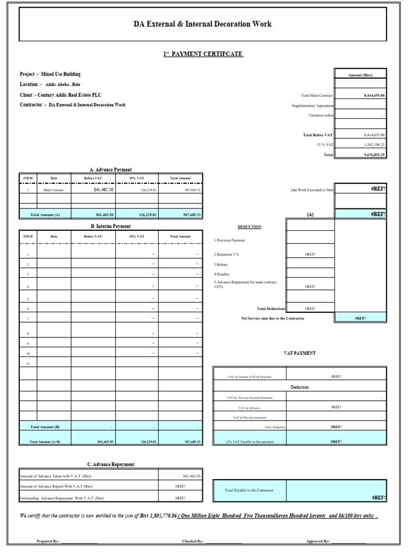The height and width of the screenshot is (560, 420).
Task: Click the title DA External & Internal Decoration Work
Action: click(202, 24)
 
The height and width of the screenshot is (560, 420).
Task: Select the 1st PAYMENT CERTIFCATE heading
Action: click(203, 54)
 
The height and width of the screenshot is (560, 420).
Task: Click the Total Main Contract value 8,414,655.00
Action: click(374, 95)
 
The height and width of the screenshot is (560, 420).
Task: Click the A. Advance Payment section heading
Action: click(110, 170)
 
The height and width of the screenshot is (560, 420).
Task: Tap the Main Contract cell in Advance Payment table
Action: click(54, 190)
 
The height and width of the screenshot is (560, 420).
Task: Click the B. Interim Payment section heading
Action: click(110, 226)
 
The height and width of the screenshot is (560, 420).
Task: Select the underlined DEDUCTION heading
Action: click(249, 226)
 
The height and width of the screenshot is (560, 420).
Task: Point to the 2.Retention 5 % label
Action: click(226, 254)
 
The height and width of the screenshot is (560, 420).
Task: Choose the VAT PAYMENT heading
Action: click(299, 353)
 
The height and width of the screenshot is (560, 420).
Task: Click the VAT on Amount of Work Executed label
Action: click(249, 377)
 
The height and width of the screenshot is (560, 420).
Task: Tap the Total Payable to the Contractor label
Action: click(249, 490)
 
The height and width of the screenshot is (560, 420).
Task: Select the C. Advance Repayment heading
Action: click(110, 464)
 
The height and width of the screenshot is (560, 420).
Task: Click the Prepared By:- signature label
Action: click(49, 541)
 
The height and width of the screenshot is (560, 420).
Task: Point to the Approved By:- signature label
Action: click(318, 541)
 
